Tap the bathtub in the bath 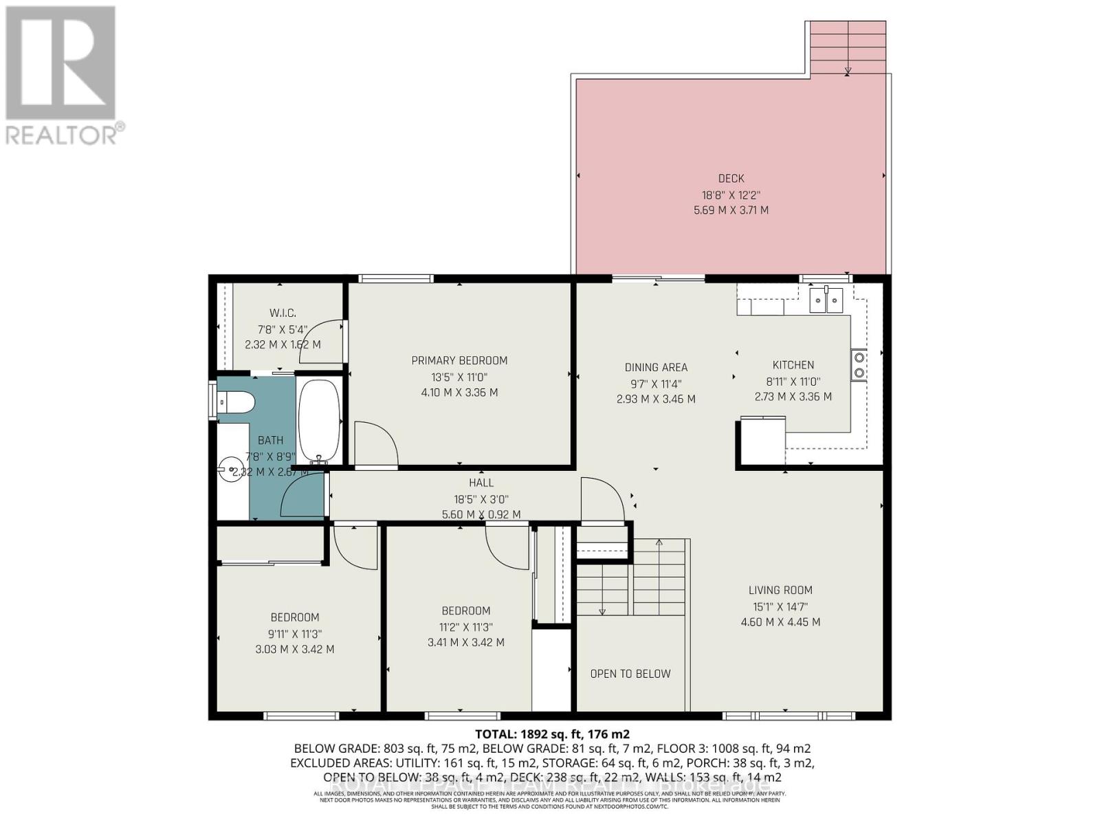(320, 421)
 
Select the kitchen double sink (826, 300)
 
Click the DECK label (731, 179)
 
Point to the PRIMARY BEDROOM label (459, 360)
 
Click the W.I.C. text (283, 313)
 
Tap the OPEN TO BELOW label (630, 674)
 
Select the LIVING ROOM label (780, 590)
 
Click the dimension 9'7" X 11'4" (656, 384)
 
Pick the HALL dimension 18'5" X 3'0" (481, 499)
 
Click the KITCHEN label (793, 365)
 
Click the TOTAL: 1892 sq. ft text (552, 734)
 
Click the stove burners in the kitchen (859, 366)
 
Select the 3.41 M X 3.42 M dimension (465, 642)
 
